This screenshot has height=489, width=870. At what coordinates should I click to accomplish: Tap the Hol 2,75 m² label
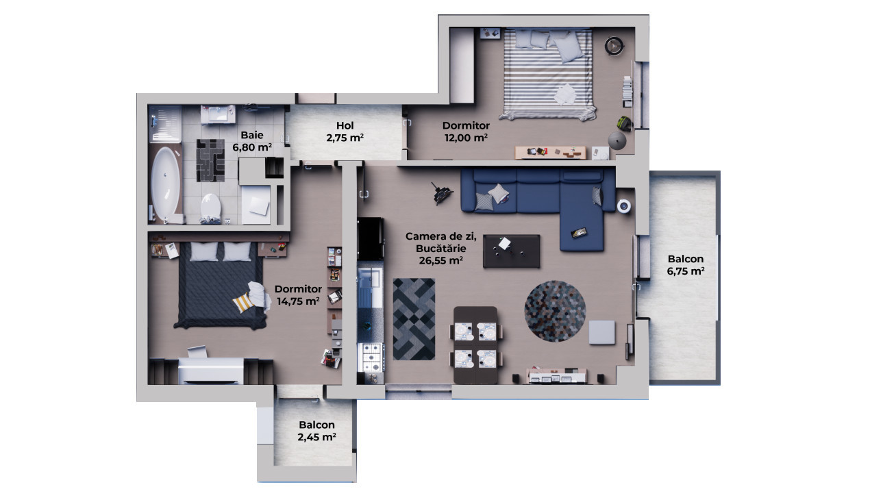345,131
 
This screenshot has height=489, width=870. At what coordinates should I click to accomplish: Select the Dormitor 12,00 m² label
466,131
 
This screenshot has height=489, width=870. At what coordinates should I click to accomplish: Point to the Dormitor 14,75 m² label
298,294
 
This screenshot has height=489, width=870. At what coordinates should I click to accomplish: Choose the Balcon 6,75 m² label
685,264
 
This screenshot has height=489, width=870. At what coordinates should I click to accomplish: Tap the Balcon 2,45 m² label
316,431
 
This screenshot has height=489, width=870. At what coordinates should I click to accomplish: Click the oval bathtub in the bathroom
165,183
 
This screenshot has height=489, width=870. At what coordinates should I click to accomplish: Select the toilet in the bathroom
210,206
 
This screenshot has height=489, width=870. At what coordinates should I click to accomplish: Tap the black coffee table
511,251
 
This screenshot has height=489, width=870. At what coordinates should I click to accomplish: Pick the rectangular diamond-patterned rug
414,318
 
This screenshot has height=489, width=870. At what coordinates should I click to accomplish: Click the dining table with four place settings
475,344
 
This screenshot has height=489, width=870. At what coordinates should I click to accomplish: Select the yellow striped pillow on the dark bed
243,303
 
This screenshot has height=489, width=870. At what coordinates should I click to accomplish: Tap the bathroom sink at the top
221,114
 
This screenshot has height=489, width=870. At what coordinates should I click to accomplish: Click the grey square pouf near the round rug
602,332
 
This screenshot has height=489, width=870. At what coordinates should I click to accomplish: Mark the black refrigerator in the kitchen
370,238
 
